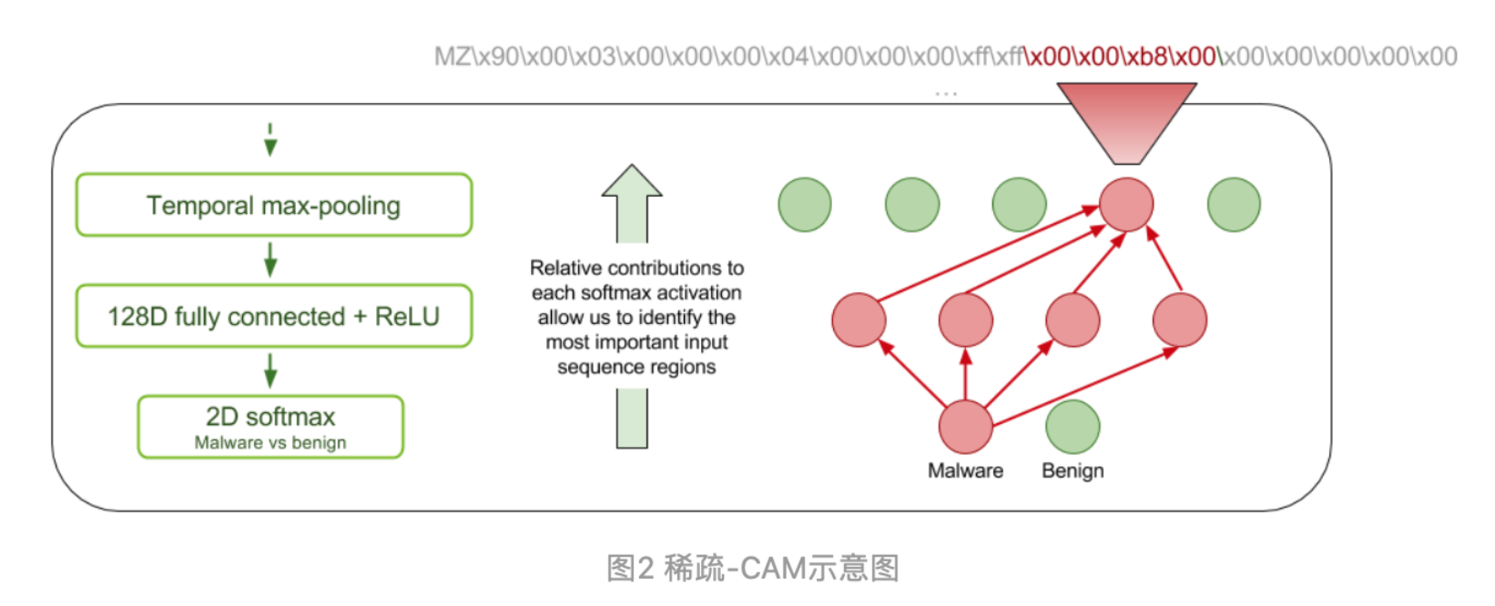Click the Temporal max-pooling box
pos(273,206)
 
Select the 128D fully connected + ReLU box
pos(273,317)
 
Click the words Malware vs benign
pos(270,443)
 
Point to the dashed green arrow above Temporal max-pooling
pos(270,140)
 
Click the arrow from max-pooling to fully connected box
pos(270,259)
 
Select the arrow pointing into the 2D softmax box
pos(270,370)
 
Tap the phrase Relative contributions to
pos(636,268)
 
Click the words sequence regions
pos(636,367)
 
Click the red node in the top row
pos(1126,205)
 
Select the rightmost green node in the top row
pos(1234,205)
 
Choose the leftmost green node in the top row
pos(805,205)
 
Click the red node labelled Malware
pos(965,426)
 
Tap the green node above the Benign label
pos(1073,426)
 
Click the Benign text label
pos(1073,471)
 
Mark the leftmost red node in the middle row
pos(859,320)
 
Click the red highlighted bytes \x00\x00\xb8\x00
pos(1121,56)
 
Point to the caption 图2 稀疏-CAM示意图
pos(753,568)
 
